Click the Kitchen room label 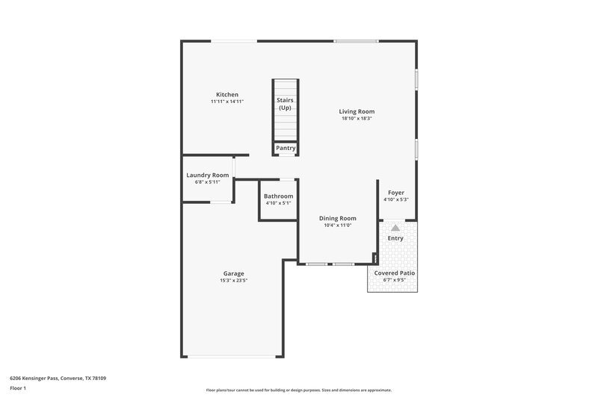(227, 95)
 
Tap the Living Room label (357, 111)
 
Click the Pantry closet (286, 148)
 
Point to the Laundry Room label (207, 175)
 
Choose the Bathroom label (278, 196)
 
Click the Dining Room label (337, 218)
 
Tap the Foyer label (395, 193)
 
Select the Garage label (233, 273)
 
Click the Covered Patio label (395, 273)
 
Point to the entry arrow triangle (395, 228)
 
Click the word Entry (395, 238)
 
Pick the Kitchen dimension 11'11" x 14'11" (227, 102)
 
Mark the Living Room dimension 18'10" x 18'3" (357, 118)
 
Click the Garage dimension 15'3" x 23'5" (233, 281)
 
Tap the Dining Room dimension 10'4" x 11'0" (337, 225)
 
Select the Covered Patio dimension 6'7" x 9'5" (395, 280)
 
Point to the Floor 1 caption (19, 389)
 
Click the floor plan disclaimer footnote (298, 390)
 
